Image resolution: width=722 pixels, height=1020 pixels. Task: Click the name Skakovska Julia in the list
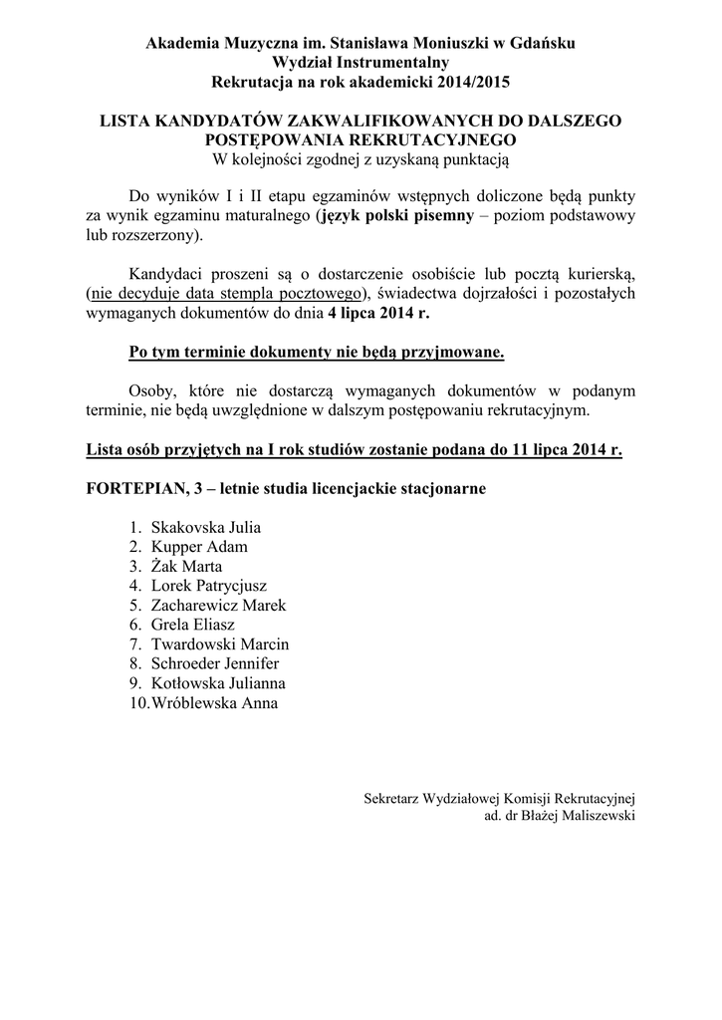coord(205,527)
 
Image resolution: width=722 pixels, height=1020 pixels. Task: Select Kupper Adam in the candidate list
coord(199,547)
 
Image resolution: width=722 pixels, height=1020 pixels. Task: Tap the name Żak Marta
coord(186,566)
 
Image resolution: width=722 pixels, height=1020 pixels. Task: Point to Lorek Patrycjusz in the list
coord(208,586)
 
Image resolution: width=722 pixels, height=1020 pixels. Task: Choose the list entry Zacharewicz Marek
coord(218,606)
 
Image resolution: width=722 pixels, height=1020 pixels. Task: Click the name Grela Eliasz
coord(192,625)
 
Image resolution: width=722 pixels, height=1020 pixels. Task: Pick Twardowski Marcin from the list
coord(219,644)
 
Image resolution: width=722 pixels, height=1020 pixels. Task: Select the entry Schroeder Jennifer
coord(215,663)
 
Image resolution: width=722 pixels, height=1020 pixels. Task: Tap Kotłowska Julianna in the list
coord(218,683)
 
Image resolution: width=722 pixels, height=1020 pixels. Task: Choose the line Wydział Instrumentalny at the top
coord(361,62)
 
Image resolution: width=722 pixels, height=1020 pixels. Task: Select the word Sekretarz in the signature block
coord(391,797)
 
